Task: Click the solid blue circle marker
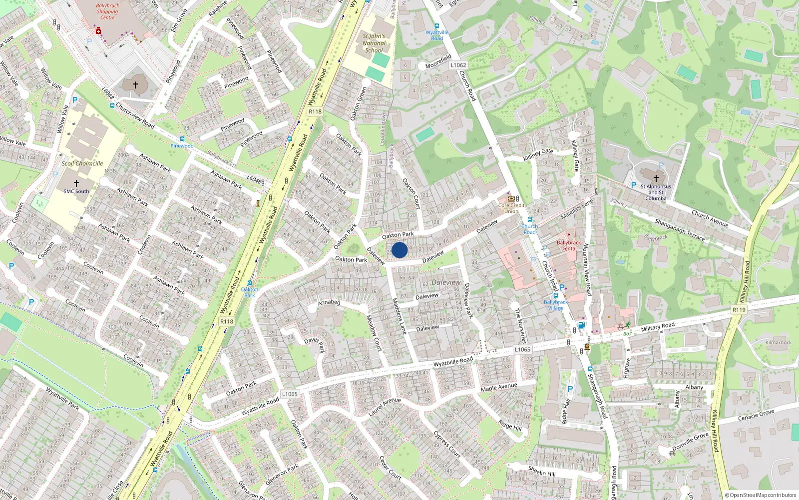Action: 399,250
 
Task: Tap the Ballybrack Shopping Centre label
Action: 107,11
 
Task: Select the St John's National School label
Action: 374,43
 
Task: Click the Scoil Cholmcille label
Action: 82,163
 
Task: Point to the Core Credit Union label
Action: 511,208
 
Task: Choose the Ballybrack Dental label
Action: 569,245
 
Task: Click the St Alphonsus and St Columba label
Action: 656,192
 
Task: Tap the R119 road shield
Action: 739,310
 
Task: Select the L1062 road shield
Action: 458,65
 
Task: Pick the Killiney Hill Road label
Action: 744,281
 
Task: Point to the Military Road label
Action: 658,327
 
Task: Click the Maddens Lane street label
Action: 399,316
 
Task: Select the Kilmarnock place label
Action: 779,342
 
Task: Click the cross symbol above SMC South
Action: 76,183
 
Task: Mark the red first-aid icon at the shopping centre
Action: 98,31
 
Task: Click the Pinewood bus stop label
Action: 182,146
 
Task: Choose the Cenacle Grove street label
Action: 756,415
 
